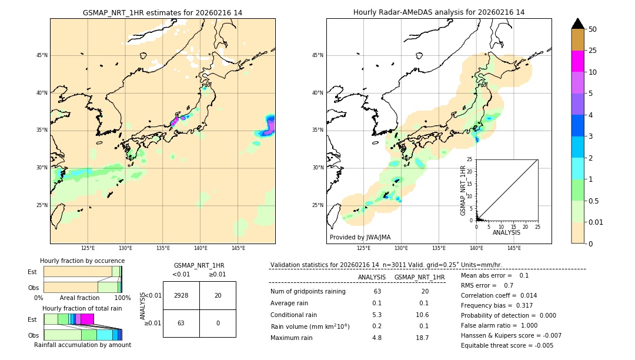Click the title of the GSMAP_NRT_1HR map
[x=162, y=12]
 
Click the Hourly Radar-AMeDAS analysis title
[x=439, y=12]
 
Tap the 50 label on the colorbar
[x=593, y=29]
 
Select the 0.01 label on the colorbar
[x=596, y=222]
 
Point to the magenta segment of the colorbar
[x=577, y=61]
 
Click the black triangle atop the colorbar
[x=577, y=24]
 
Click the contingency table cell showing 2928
[x=181, y=295]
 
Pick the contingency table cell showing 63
[x=181, y=323]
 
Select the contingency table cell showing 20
[x=218, y=295]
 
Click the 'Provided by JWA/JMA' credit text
[x=360, y=237]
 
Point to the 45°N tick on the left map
[x=42, y=55]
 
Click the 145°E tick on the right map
[x=514, y=248]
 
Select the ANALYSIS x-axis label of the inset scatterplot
[x=506, y=232]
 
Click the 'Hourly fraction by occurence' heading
[x=82, y=261]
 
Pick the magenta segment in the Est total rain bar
[x=87, y=319]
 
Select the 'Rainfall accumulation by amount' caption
[x=82, y=345]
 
